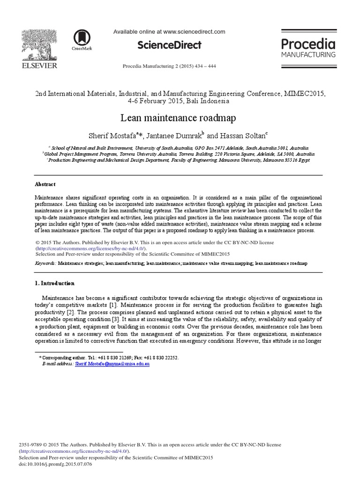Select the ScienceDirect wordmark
click(x=169, y=45)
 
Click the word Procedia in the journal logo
click(x=308, y=44)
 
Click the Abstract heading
click(x=45, y=185)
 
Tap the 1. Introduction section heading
click(x=55, y=284)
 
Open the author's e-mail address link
click(x=112, y=364)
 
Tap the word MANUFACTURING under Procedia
click(x=308, y=55)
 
